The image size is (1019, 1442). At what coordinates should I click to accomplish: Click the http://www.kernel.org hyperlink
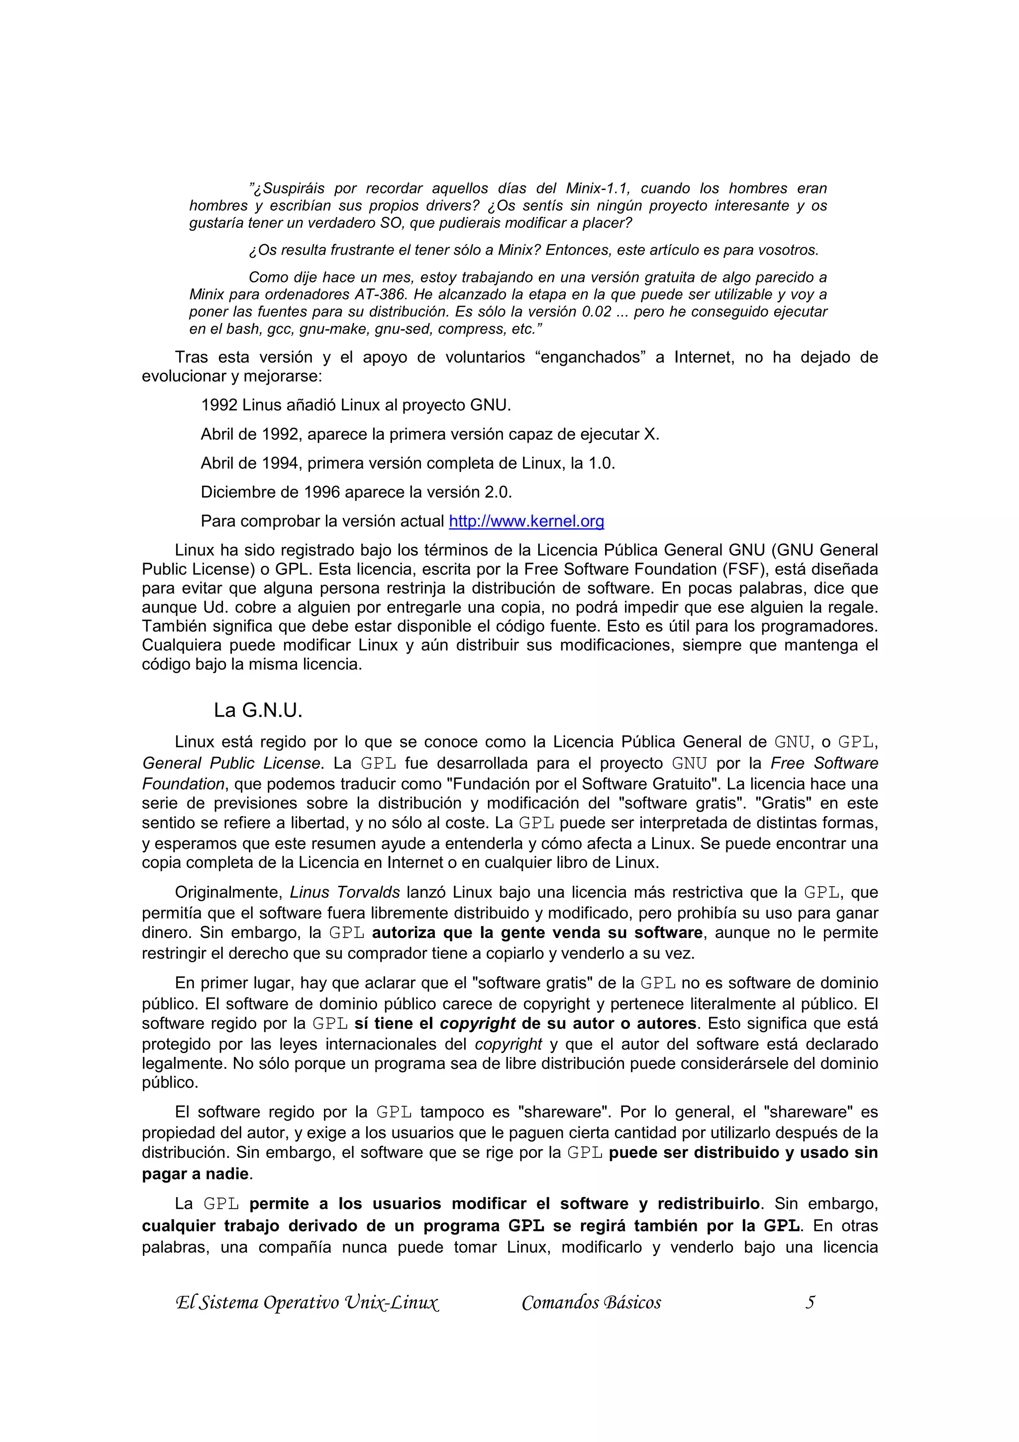click(x=526, y=521)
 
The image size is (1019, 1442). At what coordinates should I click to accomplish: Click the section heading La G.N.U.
click(x=258, y=711)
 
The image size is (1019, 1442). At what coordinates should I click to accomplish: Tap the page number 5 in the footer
click(x=810, y=1302)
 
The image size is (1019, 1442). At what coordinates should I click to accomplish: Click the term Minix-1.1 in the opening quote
click(x=598, y=189)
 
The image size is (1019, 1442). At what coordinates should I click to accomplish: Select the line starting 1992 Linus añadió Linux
click(x=355, y=405)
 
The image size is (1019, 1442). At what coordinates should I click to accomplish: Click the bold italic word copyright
click(x=478, y=1024)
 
